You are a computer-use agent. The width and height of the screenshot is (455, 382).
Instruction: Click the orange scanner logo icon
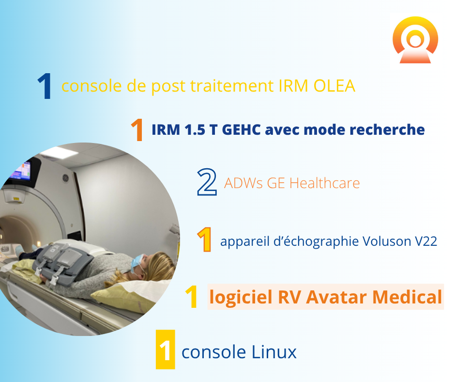tap(415, 40)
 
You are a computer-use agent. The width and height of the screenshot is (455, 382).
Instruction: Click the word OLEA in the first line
tap(334, 86)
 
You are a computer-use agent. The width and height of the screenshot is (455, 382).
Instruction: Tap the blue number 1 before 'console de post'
tap(45, 86)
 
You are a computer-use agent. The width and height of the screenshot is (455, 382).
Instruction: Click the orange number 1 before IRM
tap(137, 129)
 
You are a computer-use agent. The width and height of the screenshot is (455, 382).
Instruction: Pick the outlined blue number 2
tap(207, 182)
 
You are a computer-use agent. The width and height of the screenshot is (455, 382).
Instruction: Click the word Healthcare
tap(324, 183)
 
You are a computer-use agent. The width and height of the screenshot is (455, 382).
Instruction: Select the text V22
tap(426, 241)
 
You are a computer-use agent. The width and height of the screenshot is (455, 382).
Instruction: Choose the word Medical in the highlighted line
tap(407, 297)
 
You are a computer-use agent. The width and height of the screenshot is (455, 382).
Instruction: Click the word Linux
tap(273, 352)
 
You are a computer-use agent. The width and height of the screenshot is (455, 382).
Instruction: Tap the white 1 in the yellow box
tap(165, 350)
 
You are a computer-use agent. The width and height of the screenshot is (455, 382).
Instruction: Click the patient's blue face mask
tap(136, 263)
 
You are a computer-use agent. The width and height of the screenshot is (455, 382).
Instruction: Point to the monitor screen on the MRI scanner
tap(21, 171)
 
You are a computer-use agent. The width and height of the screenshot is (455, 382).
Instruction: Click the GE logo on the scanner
tap(65, 177)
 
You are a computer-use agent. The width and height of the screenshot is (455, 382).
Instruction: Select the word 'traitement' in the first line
tap(231, 86)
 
